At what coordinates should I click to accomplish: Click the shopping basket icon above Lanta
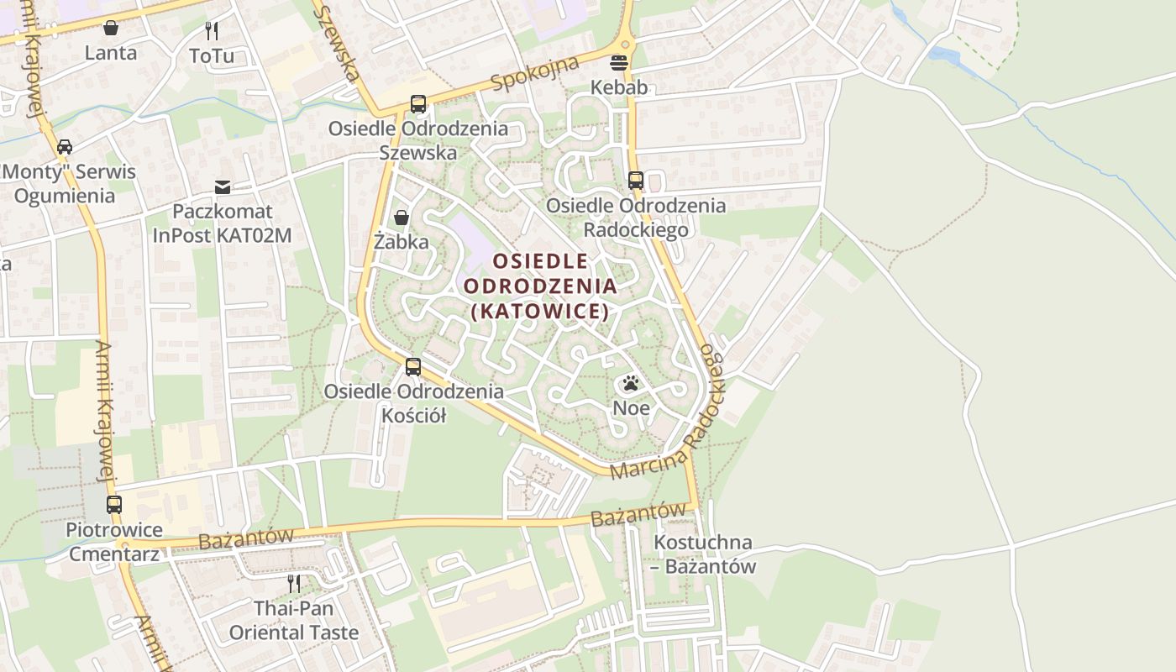(x=111, y=29)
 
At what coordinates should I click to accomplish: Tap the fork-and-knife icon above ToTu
(x=212, y=31)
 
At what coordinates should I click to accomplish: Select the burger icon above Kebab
(x=619, y=62)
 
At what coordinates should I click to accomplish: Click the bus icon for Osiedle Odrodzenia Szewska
(x=417, y=104)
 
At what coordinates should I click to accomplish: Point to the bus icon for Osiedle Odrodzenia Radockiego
(x=635, y=181)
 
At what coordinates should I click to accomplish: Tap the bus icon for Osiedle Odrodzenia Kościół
(x=412, y=367)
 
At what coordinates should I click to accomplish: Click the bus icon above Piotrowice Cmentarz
(x=114, y=505)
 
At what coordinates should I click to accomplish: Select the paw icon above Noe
(x=631, y=384)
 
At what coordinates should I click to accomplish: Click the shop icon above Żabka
(x=402, y=218)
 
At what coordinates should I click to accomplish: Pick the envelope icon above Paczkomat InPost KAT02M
(x=222, y=186)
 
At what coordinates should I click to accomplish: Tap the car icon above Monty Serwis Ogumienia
(x=64, y=147)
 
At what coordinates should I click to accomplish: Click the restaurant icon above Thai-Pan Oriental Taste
(x=294, y=582)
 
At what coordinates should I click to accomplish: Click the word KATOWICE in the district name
(x=539, y=311)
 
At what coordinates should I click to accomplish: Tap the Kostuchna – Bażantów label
(x=704, y=554)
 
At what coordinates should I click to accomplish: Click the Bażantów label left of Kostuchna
(x=638, y=514)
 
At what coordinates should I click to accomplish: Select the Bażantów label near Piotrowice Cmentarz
(x=246, y=538)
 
